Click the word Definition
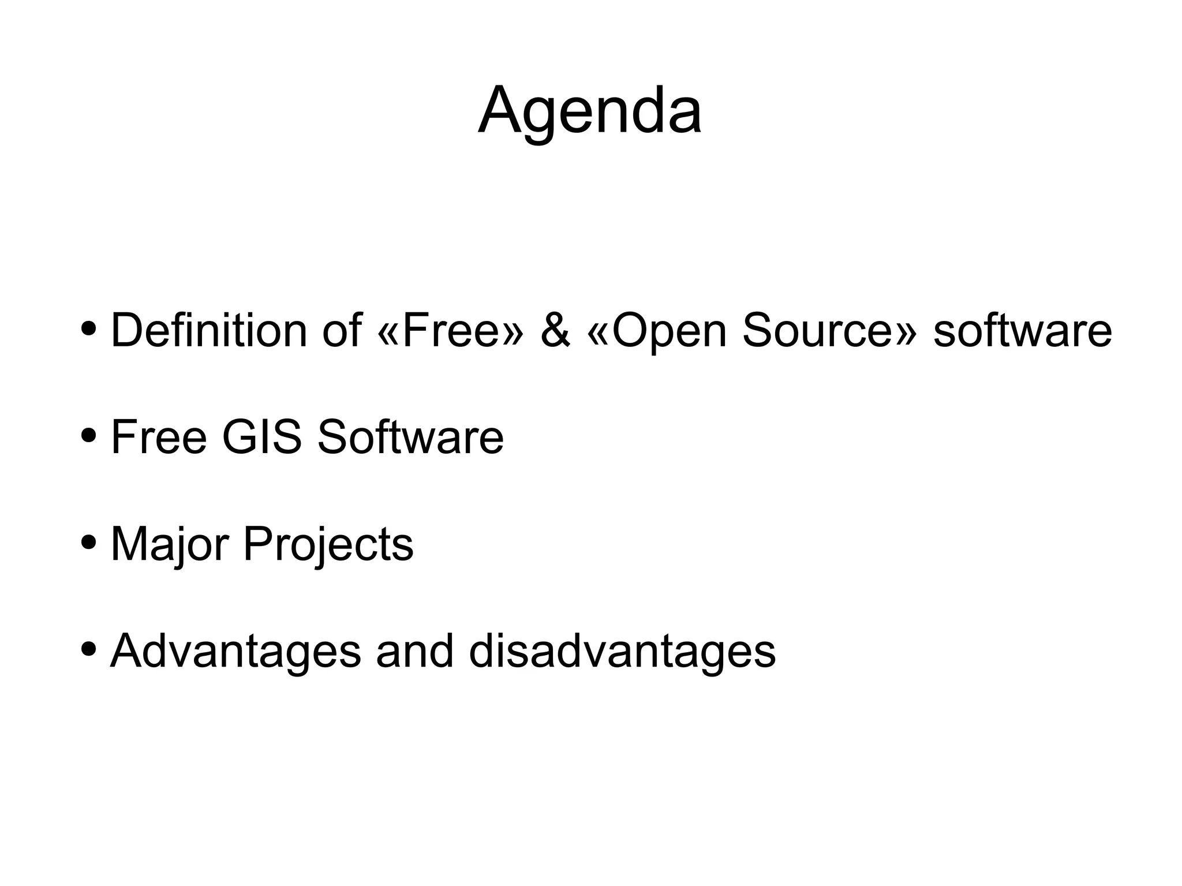pos(208,330)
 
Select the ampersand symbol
pos(555,330)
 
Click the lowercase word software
pos(1022,330)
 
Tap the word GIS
pos(261,437)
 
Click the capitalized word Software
pos(410,437)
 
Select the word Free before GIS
pos(159,437)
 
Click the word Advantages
pos(235,651)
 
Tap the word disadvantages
pos(622,651)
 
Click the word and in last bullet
pos(415,651)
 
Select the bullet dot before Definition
pos(89,328)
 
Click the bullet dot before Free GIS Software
pos(89,435)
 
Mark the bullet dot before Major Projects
pos(89,542)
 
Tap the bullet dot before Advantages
pos(89,649)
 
